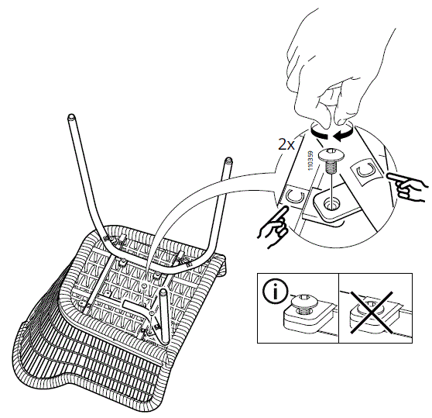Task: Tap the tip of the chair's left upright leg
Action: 70,119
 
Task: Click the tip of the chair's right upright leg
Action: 228,162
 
